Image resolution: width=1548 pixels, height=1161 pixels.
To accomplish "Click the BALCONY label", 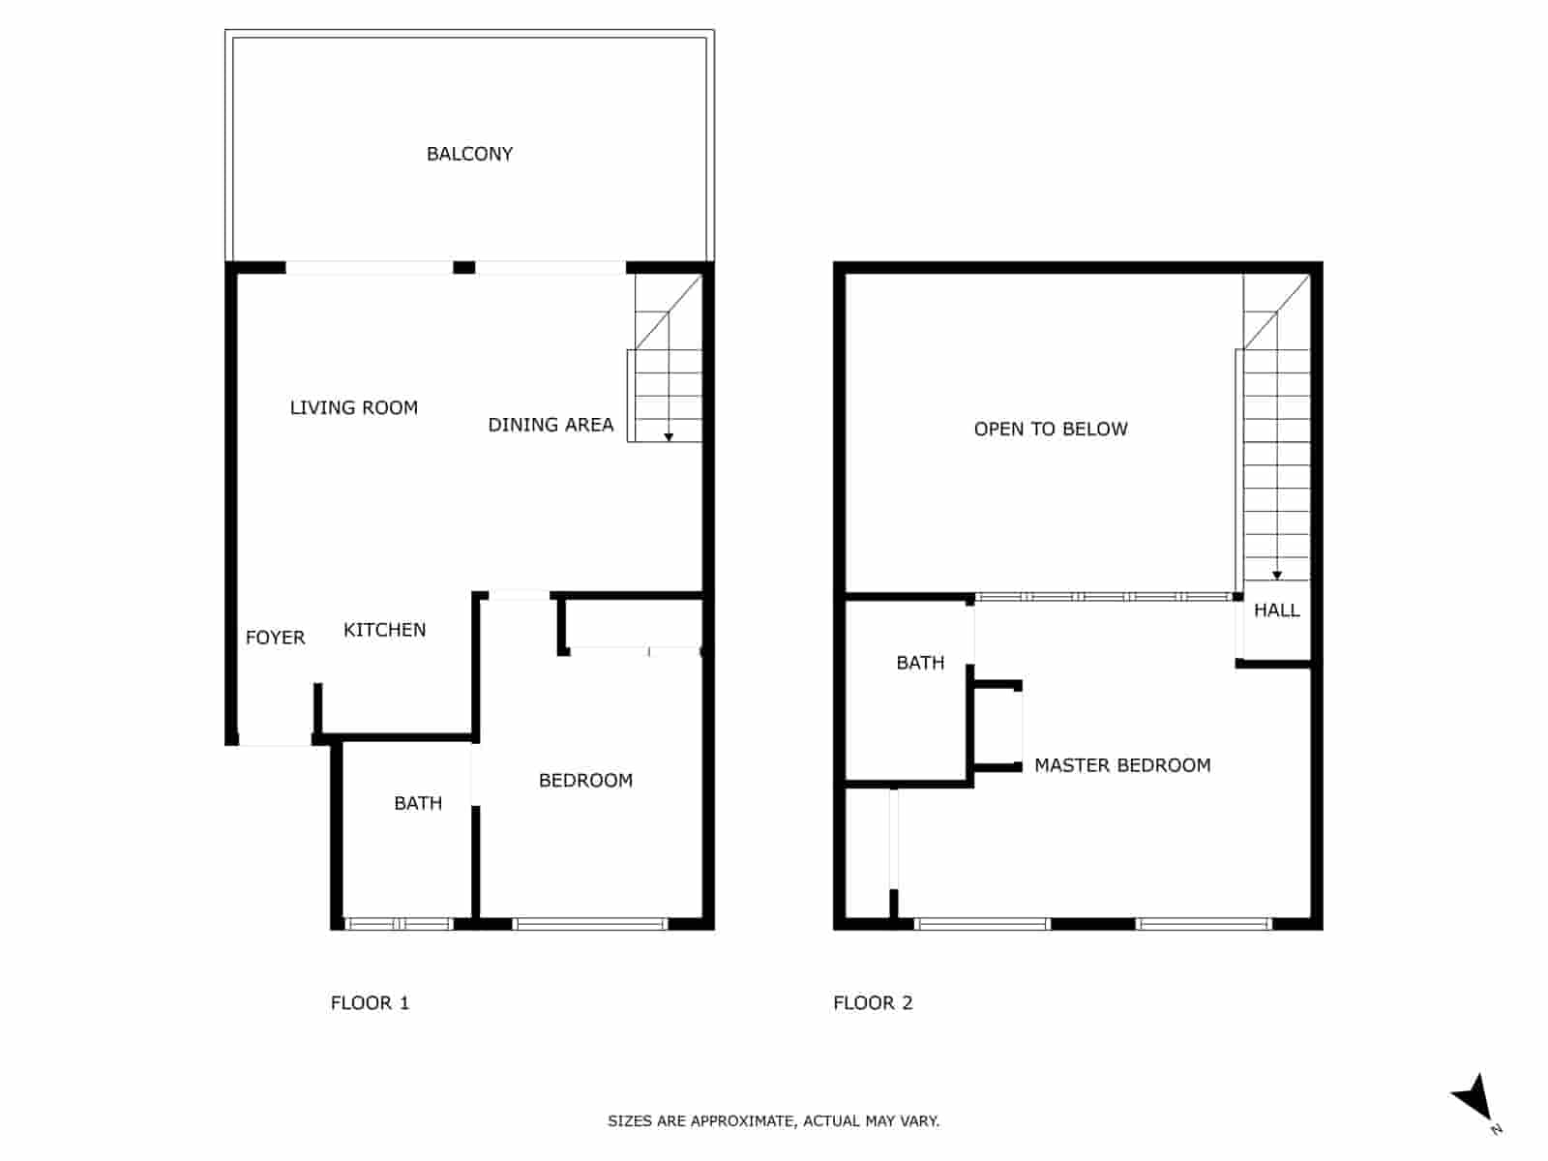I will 469,154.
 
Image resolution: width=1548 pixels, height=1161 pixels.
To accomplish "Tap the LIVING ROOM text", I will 354,408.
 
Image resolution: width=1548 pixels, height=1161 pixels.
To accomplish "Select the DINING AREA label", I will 551,425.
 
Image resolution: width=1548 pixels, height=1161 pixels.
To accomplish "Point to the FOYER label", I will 275,638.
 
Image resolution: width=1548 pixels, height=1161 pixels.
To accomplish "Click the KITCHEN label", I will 384,630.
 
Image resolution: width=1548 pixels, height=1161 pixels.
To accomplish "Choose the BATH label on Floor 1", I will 418,803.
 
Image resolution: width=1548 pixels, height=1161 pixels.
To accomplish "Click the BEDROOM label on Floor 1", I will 585,781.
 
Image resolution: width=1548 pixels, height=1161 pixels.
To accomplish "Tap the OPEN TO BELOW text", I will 1051,430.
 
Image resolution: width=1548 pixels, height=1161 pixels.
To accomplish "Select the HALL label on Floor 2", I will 1276,610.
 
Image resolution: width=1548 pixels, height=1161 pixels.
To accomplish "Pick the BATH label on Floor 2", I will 920,663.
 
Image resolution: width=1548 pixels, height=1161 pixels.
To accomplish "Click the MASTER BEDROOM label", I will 1122,765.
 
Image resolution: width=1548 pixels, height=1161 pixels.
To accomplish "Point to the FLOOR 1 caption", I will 370,1003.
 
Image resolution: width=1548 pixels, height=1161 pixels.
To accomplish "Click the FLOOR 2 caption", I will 873,1003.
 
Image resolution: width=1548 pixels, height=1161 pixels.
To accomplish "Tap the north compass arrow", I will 1474,1099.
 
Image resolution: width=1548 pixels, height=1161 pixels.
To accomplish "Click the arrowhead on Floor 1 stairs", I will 669,437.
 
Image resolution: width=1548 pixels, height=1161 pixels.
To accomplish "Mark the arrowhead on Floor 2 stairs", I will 1277,576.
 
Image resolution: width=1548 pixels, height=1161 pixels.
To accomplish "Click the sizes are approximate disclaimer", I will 773,1121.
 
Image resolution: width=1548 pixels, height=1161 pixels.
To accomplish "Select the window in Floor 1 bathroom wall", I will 399,924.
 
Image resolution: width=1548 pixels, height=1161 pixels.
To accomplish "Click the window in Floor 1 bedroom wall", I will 590,924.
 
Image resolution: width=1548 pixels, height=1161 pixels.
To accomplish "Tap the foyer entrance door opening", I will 275,740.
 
